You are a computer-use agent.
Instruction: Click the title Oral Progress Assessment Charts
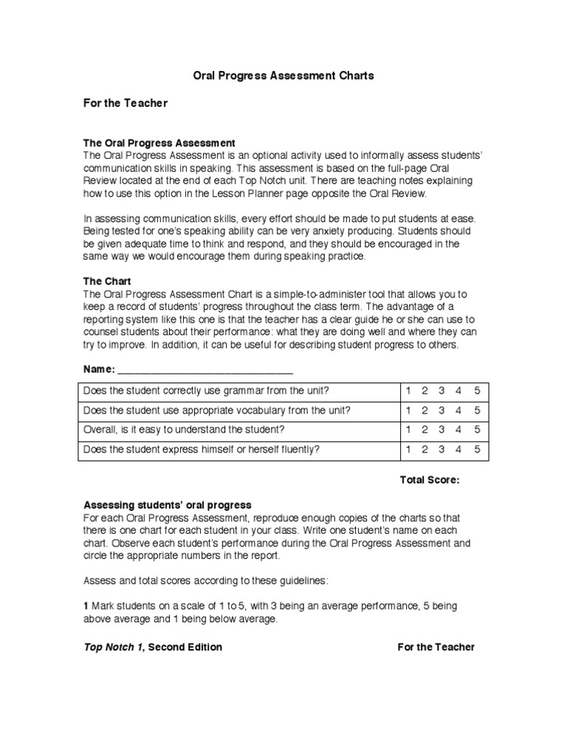(283, 75)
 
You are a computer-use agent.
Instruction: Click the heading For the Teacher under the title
(125, 103)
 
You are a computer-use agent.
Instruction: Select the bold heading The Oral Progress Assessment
(159, 142)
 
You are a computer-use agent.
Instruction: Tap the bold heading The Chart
(107, 281)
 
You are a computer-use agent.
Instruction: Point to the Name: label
(99, 368)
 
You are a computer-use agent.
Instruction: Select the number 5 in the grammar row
(478, 391)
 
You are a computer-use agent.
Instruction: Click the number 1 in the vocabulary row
(408, 410)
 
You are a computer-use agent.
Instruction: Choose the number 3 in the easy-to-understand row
(441, 429)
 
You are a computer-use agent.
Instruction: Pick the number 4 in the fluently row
(459, 448)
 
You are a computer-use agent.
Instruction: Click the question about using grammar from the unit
(207, 391)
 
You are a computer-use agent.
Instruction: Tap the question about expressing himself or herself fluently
(202, 448)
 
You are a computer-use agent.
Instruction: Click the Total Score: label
(430, 480)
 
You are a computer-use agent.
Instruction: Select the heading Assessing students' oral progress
(167, 505)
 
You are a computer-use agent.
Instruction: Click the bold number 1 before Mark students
(86, 606)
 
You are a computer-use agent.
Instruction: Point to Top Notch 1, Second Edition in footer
(152, 647)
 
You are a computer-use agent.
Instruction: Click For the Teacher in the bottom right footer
(436, 647)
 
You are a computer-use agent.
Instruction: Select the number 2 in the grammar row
(425, 391)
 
